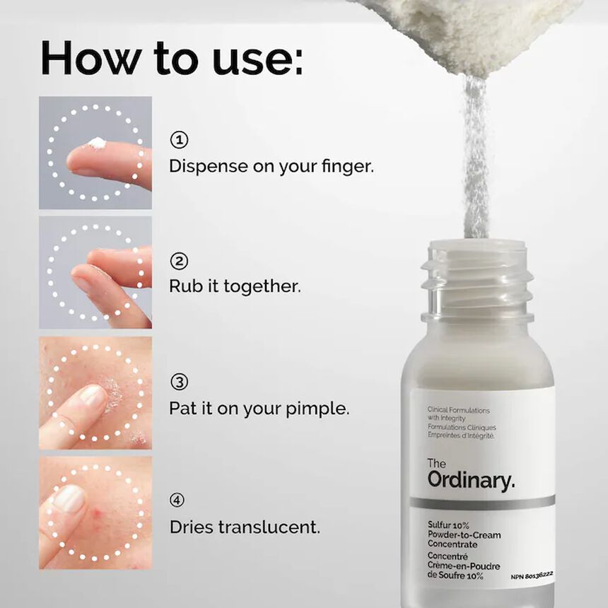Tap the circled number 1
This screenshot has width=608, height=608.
(x=179, y=140)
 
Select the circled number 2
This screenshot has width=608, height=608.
(x=179, y=261)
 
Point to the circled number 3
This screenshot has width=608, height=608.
(x=179, y=382)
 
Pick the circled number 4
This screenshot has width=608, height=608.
(x=179, y=501)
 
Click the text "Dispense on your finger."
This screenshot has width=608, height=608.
(x=271, y=166)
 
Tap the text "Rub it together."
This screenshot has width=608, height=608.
(x=235, y=286)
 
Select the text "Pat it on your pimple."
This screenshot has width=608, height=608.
(x=259, y=408)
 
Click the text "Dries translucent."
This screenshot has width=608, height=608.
(x=245, y=527)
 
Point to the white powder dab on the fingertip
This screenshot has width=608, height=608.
(x=97, y=144)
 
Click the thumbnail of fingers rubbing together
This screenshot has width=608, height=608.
(x=95, y=272)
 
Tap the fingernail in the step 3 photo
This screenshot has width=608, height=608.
(x=93, y=396)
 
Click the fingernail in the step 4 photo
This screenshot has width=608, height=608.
(x=69, y=499)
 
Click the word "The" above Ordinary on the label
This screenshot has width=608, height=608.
(x=437, y=463)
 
